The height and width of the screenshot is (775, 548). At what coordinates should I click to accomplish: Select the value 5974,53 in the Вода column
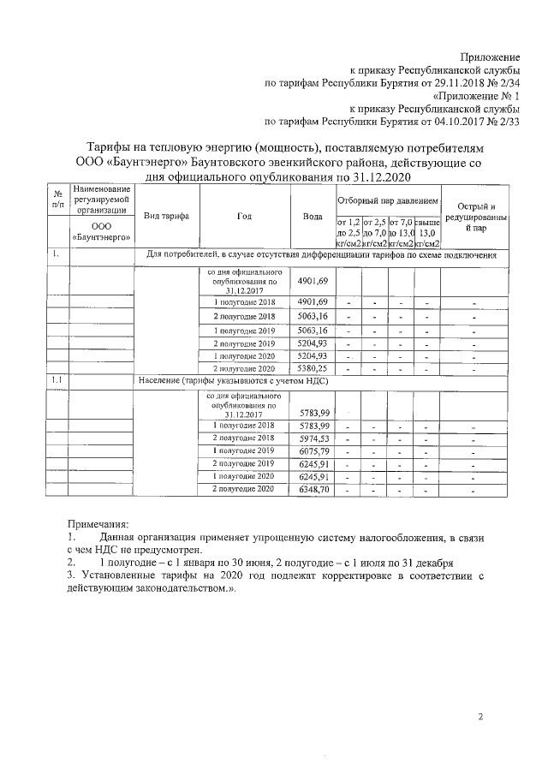pyautogui.click(x=313, y=438)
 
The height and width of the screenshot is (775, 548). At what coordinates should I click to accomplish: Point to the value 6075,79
pyautogui.click(x=313, y=450)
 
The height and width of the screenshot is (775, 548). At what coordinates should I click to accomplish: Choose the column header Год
pyautogui.click(x=244, y=216)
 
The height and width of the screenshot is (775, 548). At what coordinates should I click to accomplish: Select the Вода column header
pyautogui.click(x=313, y=216)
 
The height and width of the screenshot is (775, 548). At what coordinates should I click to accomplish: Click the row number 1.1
pyautogui.click(x=56, y=379)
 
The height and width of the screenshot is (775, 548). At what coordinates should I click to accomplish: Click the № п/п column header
pyautogui.click(x=57, y=199)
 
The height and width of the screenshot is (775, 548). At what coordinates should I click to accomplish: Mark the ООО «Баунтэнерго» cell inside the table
pyautogui.click(x=101, y=230)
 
